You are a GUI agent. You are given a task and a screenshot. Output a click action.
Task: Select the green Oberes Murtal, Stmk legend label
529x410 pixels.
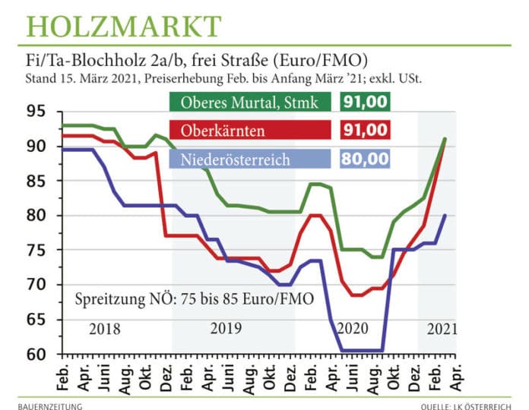point(248,103)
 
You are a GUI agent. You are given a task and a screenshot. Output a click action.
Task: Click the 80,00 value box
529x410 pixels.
point(364,159)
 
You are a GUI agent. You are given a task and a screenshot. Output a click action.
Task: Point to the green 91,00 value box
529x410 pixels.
point(364,103)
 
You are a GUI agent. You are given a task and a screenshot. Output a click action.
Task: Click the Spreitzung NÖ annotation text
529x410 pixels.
point(193,298)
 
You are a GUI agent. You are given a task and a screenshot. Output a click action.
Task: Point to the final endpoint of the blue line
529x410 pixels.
point(445,216)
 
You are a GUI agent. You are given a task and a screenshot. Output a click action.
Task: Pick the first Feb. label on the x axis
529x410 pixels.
point(64,371)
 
